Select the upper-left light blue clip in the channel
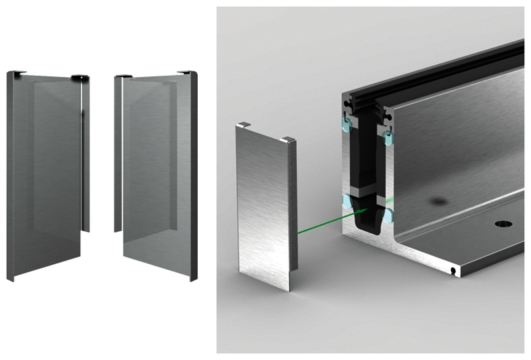point(346,124)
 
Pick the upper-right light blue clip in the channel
point(388,138)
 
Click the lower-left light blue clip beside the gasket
point(346,201)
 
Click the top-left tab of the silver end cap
point(244,124)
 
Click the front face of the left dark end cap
point(46,173)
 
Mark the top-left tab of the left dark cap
point(19,72)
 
